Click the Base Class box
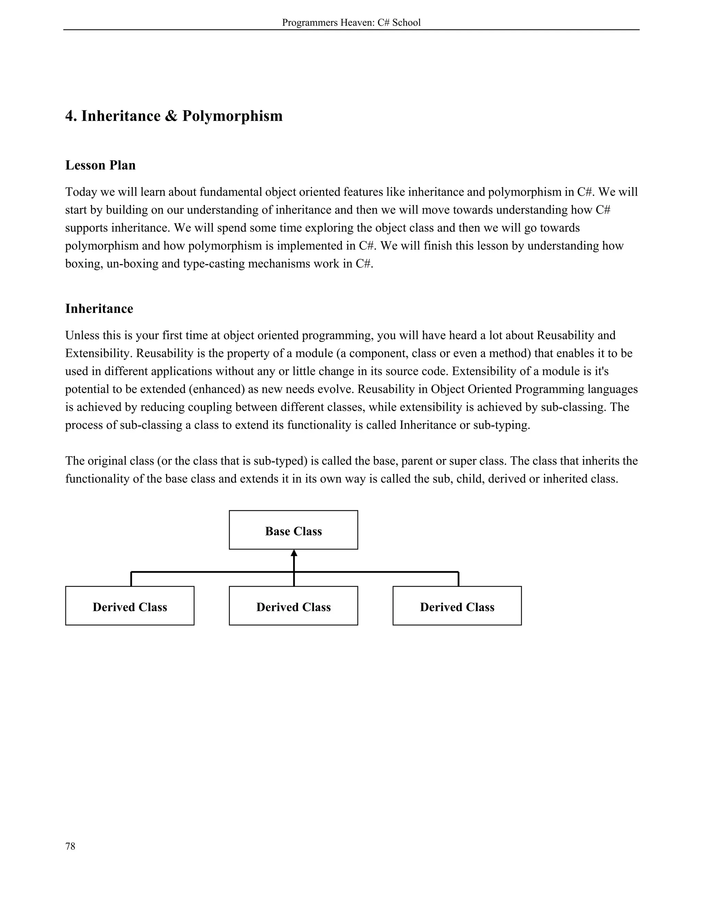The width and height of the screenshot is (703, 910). coord(293,530)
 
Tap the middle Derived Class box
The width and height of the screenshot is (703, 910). coord(293,606)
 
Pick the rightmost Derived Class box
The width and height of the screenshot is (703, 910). coord(457,606)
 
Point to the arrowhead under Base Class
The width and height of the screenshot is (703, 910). coord(294,553)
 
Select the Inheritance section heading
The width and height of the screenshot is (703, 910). coord(99,308)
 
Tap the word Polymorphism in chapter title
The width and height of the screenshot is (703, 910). coord(232,116)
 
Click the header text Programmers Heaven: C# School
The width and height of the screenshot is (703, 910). coord(351,23)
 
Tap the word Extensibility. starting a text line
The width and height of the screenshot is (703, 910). coord(99,353)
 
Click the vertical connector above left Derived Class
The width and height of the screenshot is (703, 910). coord(131,579)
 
